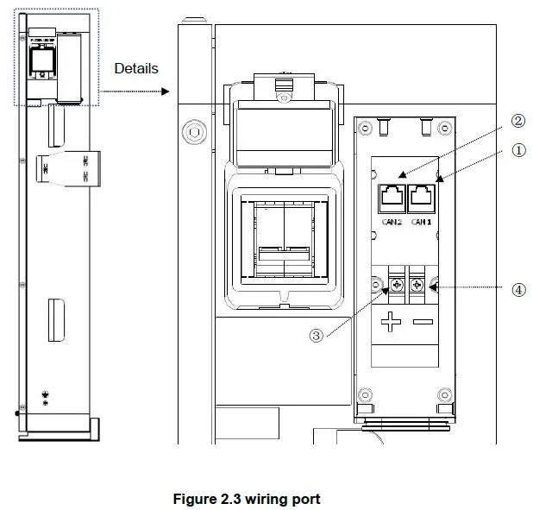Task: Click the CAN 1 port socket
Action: pos(421,197)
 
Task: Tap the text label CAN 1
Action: pos(421,222)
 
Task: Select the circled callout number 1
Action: pos(518,149)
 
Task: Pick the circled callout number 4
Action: pos(518,290)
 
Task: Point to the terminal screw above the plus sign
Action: pos(398,285)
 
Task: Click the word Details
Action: pos(136,68)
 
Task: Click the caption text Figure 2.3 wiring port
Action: pos(246,499)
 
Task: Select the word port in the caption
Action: pos(305,500)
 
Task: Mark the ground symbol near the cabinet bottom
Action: pos(45,396)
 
